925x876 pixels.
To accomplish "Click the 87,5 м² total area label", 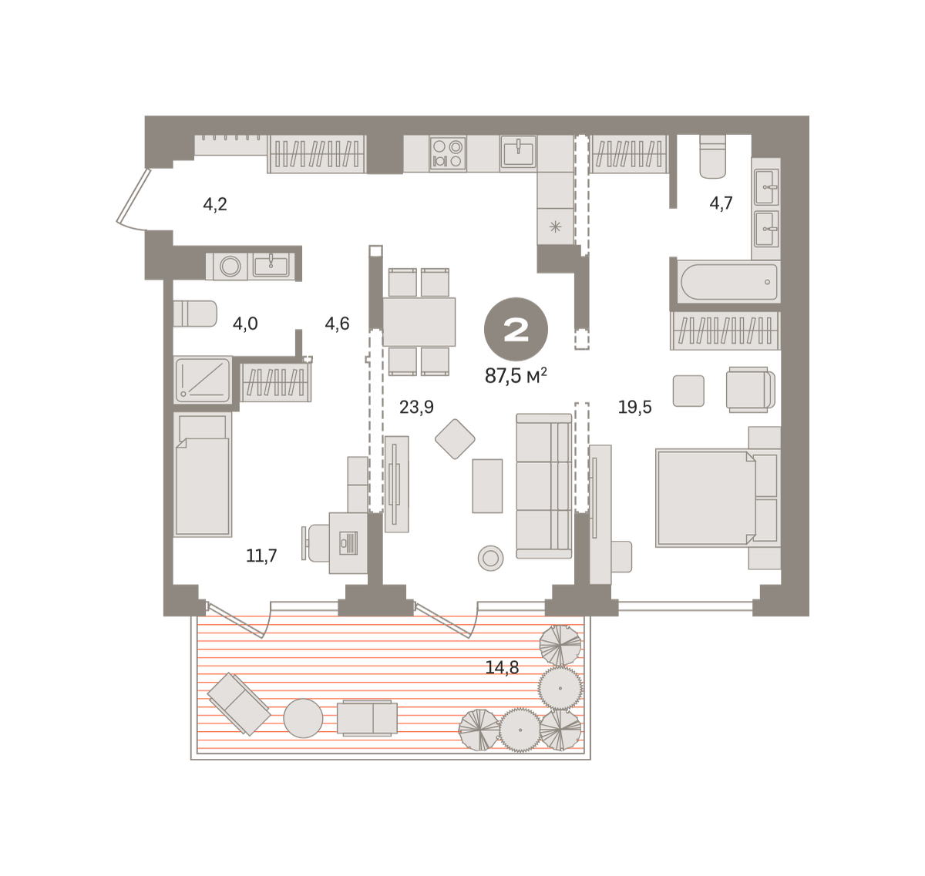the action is [516, 375].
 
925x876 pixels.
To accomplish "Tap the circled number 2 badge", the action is [516, 329].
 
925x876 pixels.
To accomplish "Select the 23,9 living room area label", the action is [416, 407].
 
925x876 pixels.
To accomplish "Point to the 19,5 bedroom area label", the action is [634, 407].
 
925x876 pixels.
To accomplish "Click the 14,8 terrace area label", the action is [502, 667].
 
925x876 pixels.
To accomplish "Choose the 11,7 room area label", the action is [261, 555].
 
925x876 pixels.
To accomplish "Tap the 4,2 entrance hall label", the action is [215, 204].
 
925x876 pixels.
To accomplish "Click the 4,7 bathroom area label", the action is [721, 203].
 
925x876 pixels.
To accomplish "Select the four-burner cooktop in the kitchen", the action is [447, 153].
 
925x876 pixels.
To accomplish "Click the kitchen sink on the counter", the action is [518, 152].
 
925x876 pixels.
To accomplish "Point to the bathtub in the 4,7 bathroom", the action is [728, 282].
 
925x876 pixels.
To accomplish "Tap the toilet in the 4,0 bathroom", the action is [195, 314].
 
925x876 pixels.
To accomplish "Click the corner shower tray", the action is [203, 380].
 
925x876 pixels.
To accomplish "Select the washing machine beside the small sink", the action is [230, 267].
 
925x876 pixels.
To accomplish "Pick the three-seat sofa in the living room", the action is [544, 486].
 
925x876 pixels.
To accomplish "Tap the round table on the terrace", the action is [303, 718].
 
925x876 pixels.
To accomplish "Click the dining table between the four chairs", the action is [419, 322].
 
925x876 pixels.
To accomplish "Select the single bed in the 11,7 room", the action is [202, 475].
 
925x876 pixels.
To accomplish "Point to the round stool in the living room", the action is [490, 559].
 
